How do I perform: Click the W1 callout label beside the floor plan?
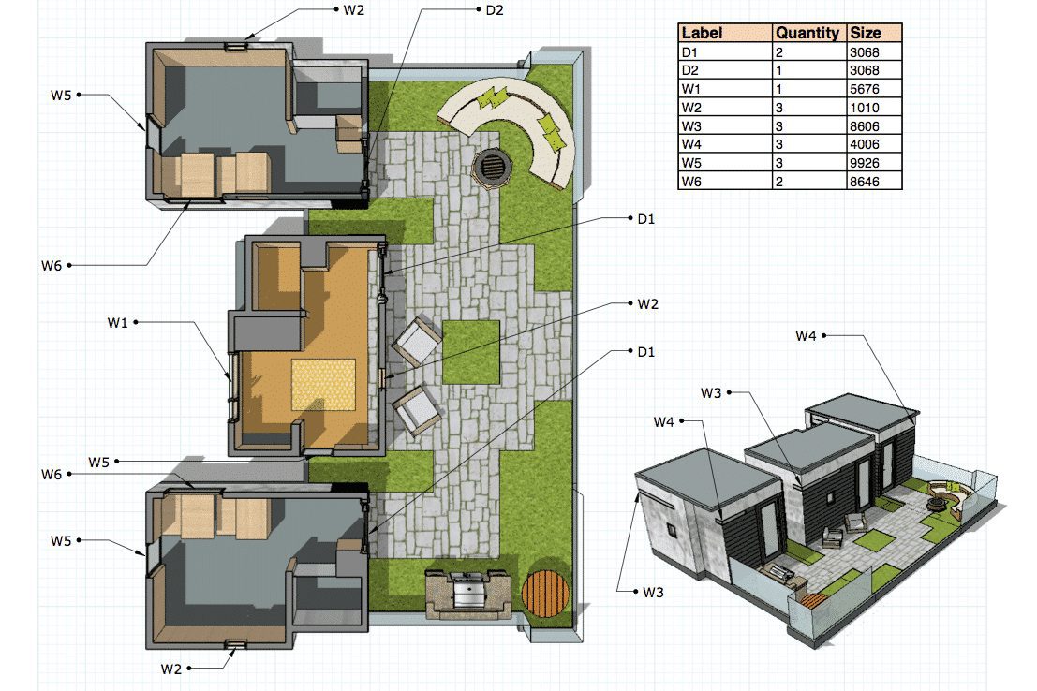point(117,323)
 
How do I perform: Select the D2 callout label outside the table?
point(494,10)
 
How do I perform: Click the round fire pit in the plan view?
point(492,166)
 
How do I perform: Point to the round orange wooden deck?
point(545,593)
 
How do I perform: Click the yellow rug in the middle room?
point(323,384)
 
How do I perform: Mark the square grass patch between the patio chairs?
point(471,352)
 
